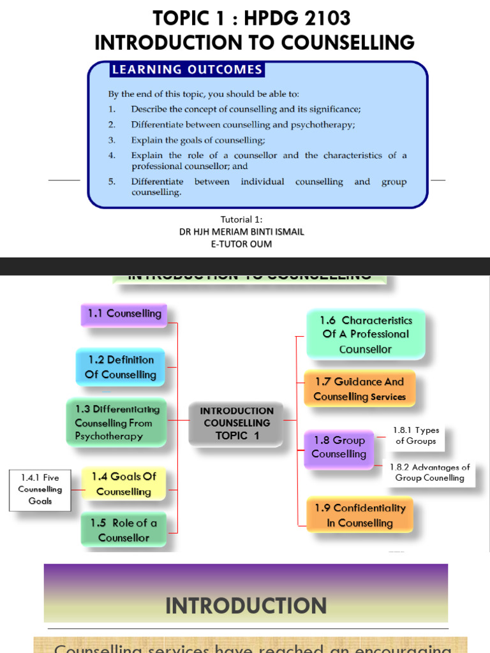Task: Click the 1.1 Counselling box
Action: [x=124, y=314]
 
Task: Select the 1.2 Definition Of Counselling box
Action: [x=121, y=367]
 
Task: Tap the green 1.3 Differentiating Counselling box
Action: [x=117, y=423]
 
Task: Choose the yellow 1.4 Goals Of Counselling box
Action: [x=123, y=484]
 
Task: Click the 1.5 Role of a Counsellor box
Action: [x=123, y=530]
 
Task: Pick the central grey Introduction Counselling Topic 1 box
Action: [x=237, y=423]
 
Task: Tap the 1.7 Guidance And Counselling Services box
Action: [x=359, y=389]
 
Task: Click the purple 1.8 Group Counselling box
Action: [x=339, y=448]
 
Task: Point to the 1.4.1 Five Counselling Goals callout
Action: [x=40, y=490]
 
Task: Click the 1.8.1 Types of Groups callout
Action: [x=416, y=436]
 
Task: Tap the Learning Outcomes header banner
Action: [x=187, y=70]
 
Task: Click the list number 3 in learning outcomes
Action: [x=112, y=140]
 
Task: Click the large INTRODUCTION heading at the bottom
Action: [x=246, y=605]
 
